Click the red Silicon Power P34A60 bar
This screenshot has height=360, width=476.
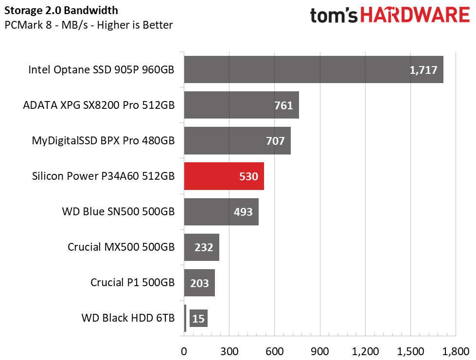tap(224, 176)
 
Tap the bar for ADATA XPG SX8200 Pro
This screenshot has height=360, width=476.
tap(241, 105)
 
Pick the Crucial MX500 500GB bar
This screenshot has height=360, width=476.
tap(201, 247)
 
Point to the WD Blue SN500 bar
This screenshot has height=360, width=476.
tap(221, 212)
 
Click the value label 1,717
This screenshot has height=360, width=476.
tap(423, 70)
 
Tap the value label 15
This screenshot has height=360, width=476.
tap(198, 319)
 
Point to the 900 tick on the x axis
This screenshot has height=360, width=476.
tap(319, 351)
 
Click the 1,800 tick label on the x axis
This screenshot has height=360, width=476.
tap(456, 351)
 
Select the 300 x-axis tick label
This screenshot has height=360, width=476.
tap(229, 351)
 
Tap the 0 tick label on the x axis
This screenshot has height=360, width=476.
tap(184, 351)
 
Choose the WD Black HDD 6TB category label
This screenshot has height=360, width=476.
tap(128, 319)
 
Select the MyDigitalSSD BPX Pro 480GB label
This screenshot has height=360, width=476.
tap(103, 141)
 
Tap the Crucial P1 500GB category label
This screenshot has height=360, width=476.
tap(132, 283)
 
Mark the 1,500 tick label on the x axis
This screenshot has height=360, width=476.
tap(410, 351)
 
